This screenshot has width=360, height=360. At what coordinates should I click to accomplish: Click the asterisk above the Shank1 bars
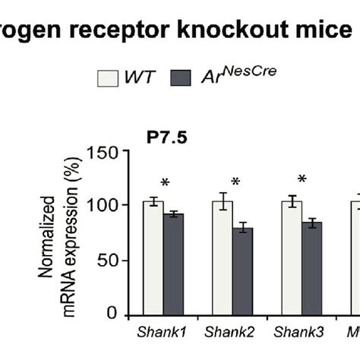(x=163, y=183)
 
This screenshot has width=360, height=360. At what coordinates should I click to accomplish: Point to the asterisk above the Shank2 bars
(x=235, y=183)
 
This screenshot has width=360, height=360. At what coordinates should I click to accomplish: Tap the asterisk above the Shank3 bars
(x=302, y=181)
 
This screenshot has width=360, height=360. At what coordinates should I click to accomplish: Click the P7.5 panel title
(x=166, y=138)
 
